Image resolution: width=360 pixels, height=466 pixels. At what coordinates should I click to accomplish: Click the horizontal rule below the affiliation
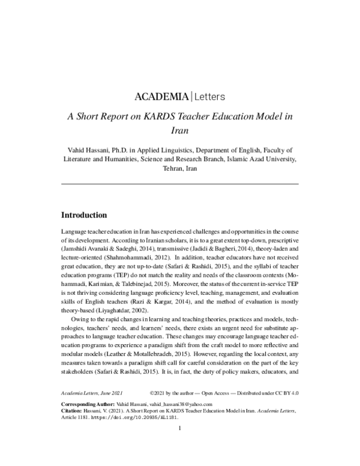coord(180,183)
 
